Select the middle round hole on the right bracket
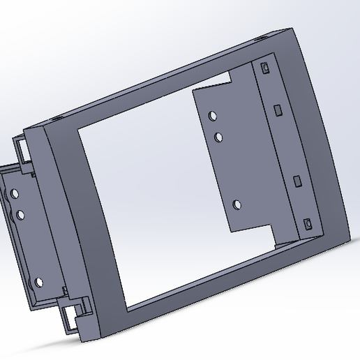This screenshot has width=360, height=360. pos(219,136)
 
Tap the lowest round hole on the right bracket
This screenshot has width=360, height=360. pos(237,204)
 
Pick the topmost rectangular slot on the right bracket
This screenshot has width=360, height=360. pos(265,68)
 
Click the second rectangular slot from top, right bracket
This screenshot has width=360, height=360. pos(278,110)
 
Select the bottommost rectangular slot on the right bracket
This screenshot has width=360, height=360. pos(307,224)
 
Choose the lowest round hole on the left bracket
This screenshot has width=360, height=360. pos(39,283)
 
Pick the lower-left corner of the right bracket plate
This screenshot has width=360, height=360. pos(231,231)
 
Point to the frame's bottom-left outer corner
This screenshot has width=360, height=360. pos(83,341)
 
